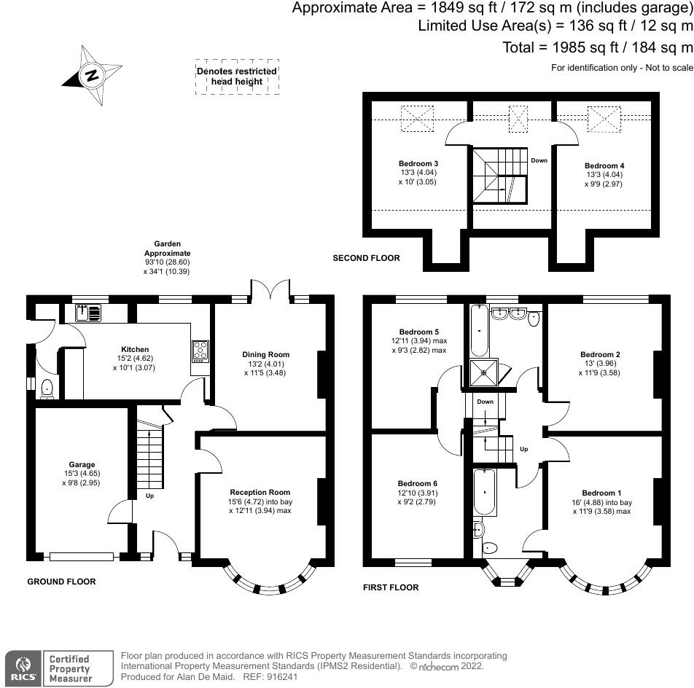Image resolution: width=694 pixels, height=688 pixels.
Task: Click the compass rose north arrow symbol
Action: [90, 75]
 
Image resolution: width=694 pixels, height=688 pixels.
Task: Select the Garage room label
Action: [82, 464]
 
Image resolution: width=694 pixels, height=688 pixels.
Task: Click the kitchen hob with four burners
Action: [200, 351]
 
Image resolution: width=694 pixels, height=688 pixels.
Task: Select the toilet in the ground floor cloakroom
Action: [47, 388]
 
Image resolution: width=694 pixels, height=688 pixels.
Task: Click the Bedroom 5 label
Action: [416, 330]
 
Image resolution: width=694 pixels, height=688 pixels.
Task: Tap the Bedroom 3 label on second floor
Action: [418, 163]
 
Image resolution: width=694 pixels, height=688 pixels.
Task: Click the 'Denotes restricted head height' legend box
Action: [237, 77]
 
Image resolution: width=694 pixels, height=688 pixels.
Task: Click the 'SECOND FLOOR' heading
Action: [366, 258]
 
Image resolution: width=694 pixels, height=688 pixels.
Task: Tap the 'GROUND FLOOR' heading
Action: [61, 582]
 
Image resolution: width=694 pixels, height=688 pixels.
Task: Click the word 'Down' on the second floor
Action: [539, 160]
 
